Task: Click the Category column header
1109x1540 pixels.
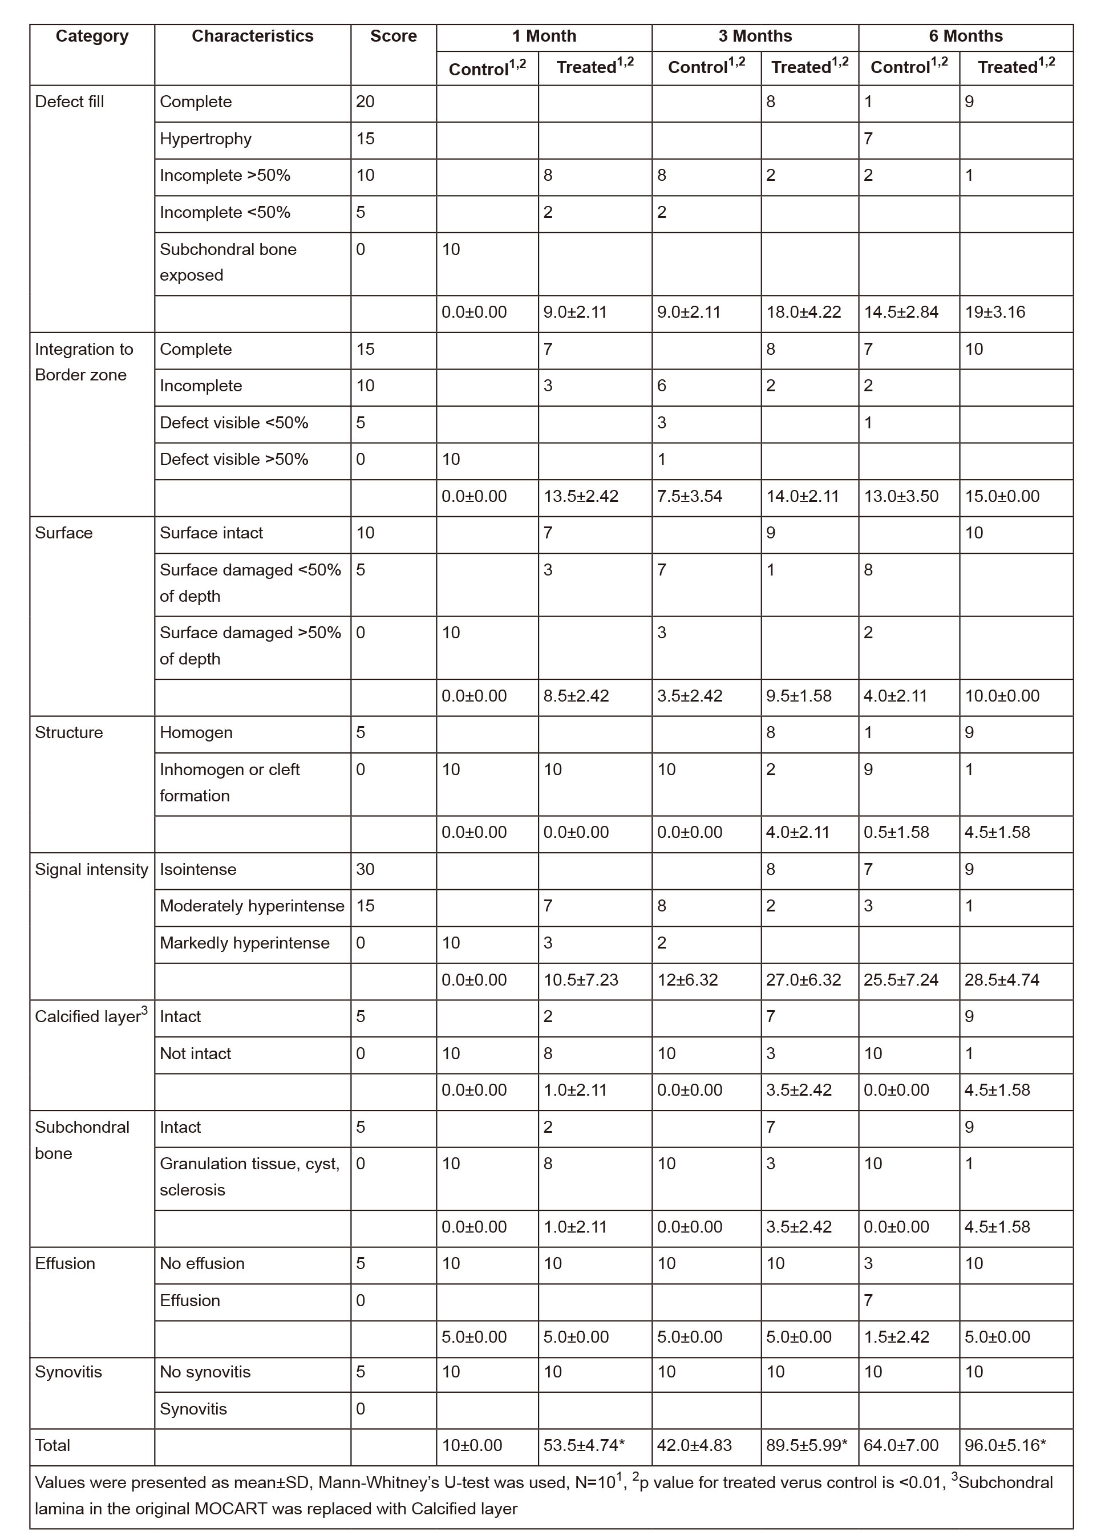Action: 92,36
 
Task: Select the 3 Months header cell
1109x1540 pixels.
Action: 755,36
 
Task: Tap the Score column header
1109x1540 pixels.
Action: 393,36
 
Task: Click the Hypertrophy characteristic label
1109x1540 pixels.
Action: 205,139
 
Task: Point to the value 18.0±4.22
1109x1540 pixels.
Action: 803,313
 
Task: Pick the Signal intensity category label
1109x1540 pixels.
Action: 91,870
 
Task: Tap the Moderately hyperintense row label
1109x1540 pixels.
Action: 252,906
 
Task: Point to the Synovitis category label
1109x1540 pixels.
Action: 68,1372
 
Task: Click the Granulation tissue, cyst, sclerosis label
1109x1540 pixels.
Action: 249,1177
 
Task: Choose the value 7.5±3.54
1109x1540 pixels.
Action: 689,496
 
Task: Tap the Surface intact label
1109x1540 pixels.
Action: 211,533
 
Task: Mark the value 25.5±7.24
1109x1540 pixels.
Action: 901,980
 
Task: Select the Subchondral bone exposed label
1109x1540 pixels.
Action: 228,262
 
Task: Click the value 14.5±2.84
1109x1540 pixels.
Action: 901,313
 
